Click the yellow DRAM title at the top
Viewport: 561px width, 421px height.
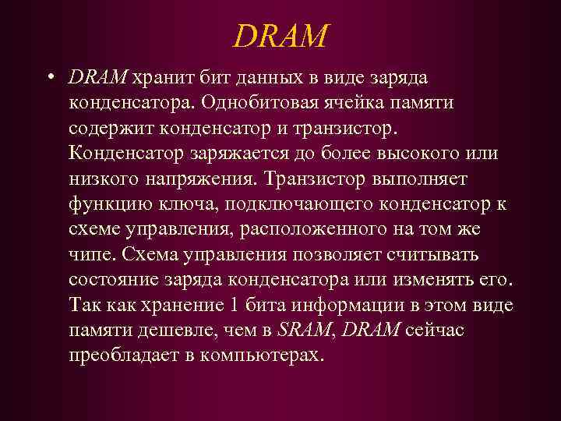(281, 34)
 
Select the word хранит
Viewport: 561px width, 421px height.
(163, 78)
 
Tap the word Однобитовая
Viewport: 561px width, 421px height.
(269, 103)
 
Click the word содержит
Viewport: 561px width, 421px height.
(110, 128)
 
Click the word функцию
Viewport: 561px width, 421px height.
(111, 204)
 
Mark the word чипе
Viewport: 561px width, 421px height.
(90, 255)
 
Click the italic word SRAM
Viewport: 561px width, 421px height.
(304, 331)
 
